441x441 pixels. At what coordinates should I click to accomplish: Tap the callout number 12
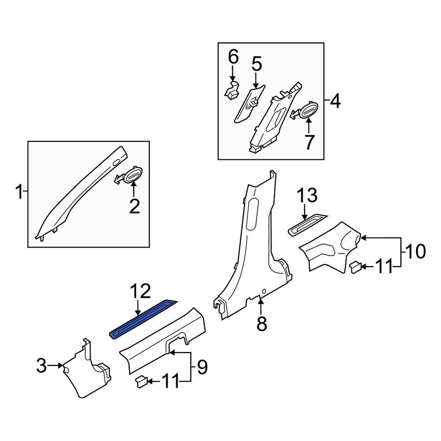coord(140,292)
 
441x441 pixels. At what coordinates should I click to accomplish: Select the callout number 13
coord(306,196)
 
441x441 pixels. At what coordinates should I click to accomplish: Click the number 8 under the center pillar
coord(262,324)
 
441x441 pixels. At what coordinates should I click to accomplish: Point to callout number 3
coord(41,366)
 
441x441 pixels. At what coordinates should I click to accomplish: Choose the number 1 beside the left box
coord(19,192)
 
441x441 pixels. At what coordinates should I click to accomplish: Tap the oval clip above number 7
coord(308,111)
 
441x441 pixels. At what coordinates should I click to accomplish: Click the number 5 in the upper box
coord(257,64)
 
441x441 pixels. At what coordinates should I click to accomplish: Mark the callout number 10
coord(415,252)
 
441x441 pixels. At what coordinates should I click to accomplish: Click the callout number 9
coord(202,367)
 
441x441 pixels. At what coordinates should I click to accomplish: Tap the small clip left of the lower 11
coord(141,381)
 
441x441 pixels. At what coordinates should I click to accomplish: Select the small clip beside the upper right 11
coord(355,267)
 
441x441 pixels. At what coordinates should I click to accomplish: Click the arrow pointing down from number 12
coord(138,307)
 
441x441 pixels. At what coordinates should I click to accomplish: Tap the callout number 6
coord(233,57)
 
